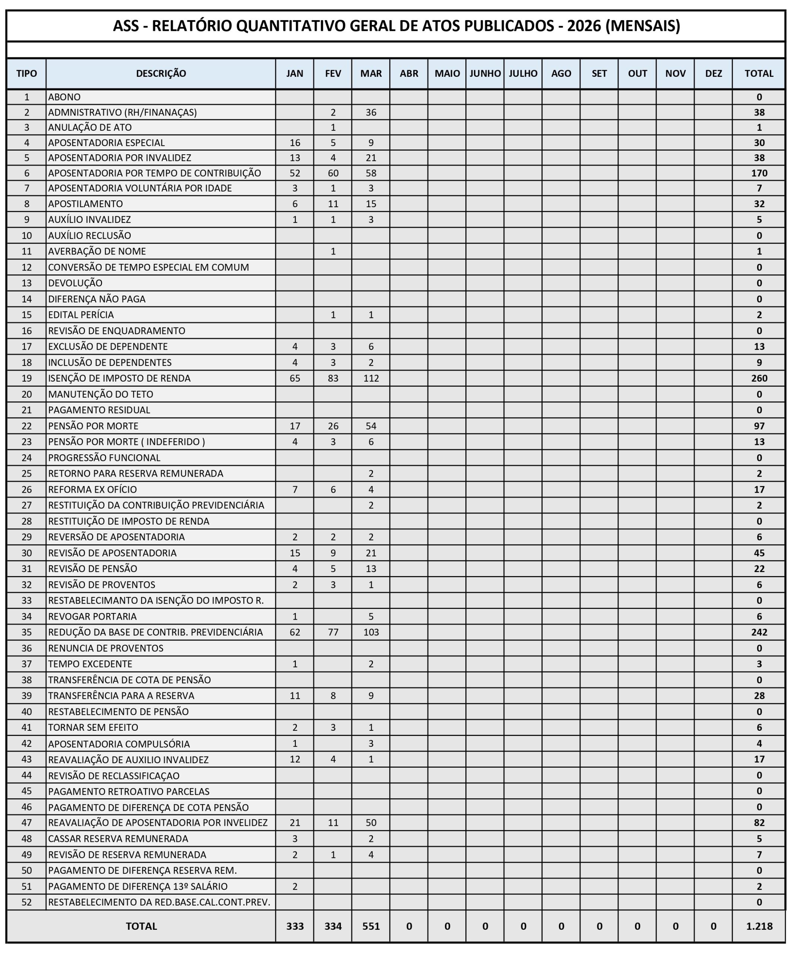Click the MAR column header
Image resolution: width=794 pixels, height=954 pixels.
[x=371, y=73]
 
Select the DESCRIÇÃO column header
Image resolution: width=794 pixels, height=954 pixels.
[x=161, y=73]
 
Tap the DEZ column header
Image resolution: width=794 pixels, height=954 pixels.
[x=713, y=73]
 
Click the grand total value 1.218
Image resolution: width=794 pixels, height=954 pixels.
[x=759, y=926]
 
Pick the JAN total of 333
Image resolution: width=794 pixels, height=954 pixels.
[x=295, y=926]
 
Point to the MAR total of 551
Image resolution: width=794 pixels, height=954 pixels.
[x=371, y=926]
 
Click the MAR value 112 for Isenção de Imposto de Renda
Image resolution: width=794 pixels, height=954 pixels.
[x=371, y=378]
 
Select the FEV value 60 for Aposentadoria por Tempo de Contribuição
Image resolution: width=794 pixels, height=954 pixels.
[x=333, y=173]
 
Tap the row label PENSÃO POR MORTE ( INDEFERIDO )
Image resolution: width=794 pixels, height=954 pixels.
[x=126, y=442]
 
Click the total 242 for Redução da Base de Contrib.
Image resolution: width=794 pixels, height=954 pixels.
[x=759, y=632]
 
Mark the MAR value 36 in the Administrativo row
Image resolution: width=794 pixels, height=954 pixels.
[x=371, y=112]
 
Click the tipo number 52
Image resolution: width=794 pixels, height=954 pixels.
[x=27, y=902]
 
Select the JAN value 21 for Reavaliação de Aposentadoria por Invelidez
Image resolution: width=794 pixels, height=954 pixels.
[x=295, y=822]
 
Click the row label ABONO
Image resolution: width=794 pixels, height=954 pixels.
[x=64, y=97]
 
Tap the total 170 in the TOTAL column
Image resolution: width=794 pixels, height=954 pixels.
[x=759, y=173]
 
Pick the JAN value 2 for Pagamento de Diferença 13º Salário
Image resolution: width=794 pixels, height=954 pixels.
[x=295, y=886]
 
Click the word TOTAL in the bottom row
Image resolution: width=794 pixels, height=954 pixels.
[x=141, y=926]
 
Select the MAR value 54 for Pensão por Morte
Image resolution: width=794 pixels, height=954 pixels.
[x=371, y=426]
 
